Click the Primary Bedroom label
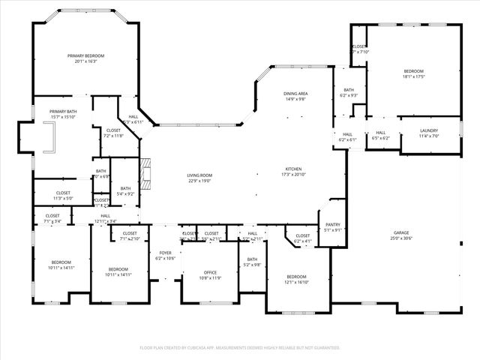click(x=85, y=55)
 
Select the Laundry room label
click(x=429, y=130)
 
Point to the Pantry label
click(x=333, y=225)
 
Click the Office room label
click(x=211, y=272)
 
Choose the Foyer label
click(x=165, y=252)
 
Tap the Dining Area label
click(x=295, y=94)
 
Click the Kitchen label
click(x=293, y=169)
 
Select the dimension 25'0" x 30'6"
click(x=401, y=238)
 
